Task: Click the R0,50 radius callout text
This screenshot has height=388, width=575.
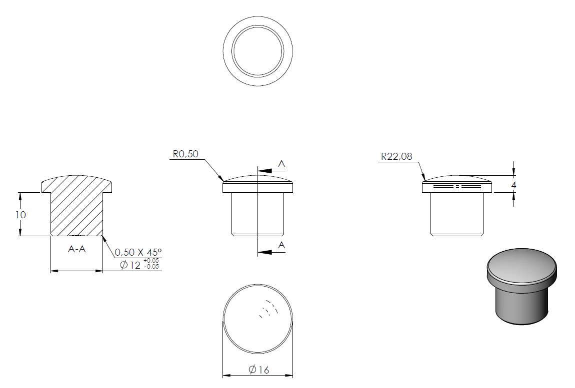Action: pyautogui.click(x=185, y=154)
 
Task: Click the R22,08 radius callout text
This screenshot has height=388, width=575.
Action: pyautogui.click(x=397, y=156)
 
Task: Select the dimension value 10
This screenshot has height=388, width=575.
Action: pyautogui.click(x=21, y=215)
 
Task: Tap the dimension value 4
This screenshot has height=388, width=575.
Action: pyautogui.click(x=513, y=185)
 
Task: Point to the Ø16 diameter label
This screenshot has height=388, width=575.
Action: pyautogui.click(x=259, y=370)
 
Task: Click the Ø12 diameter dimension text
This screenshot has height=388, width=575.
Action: pyautogui.click(x=130, y=265)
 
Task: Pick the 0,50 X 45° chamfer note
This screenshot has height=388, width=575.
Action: pyautogui.click(x=138, y=253)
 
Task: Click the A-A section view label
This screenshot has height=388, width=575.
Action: pyautogui.click(x=77, y=249)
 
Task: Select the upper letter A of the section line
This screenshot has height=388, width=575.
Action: pyautogui.click(x=281, y=164)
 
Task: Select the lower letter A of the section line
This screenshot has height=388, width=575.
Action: pyautogui.click(x=281, y=245)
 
